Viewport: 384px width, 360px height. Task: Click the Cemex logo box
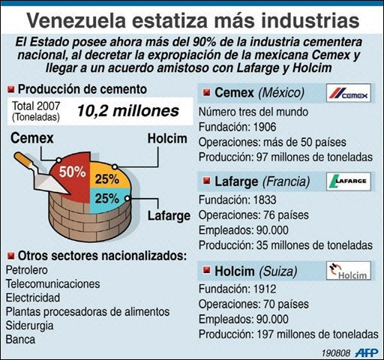coord(349,93)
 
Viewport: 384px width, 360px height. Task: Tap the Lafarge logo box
coord(349,181)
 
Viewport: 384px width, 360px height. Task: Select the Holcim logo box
coord(349,271)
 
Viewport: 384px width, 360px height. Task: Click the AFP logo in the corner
coord(367,353)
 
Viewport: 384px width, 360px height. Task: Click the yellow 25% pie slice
coord(109,176)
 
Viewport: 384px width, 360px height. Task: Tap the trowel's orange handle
coord(23,160)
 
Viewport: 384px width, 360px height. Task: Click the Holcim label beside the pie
coord(167,139)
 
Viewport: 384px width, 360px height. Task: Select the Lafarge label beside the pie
coord(169,216)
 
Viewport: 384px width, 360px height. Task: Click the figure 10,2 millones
coord(128,111)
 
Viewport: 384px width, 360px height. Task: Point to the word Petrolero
coord(27,270)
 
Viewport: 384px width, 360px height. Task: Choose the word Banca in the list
coord(20,340)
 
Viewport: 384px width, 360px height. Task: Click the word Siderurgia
coord(29,325)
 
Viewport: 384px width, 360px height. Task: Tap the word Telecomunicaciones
coord(52,284)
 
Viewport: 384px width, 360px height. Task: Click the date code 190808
coord(336,353)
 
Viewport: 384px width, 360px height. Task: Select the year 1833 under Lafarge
coord(265,200)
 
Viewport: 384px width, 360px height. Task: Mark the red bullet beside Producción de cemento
coord(10,89)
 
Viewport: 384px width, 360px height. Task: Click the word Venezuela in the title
coord(76,20)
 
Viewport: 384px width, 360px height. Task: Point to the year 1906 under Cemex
coord(265,127)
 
